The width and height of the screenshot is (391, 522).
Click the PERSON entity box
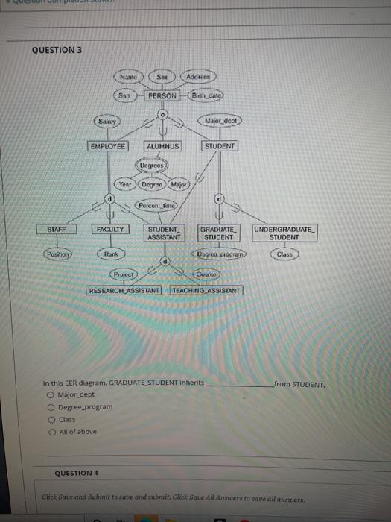(162, 95)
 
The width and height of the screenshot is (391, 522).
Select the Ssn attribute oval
(127, 95)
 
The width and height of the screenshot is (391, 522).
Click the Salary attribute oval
(107, 121)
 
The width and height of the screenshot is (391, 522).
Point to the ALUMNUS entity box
(164, 146)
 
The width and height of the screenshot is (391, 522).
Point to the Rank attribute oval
(111, 254)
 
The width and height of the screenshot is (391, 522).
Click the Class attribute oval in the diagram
(284, 254)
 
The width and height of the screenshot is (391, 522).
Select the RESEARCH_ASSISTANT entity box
(124, 289)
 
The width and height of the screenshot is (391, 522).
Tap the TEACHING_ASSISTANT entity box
(206, 289)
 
